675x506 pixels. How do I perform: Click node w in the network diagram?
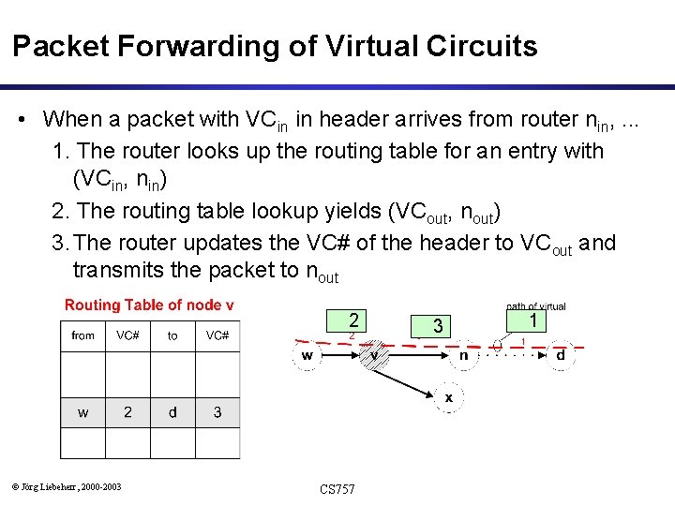[307, 355]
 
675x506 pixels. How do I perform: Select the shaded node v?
[374, 355]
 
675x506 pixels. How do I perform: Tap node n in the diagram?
[463, 355]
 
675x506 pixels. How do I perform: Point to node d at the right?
[560, 355]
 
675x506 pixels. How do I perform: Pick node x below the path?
[448, 397]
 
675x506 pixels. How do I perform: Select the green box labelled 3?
[436, 326]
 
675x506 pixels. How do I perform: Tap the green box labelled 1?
[532, 320]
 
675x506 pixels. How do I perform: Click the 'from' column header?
[83, 335]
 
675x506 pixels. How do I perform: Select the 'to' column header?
[172, 335]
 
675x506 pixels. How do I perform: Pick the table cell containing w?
[83, 411]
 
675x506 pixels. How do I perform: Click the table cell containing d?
[172, 411]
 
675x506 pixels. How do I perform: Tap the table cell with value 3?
[217, 411]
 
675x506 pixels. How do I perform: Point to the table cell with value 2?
[127, 411]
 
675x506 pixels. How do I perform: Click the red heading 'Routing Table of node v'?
[149, 305]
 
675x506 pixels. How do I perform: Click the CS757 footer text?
[337, 489]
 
